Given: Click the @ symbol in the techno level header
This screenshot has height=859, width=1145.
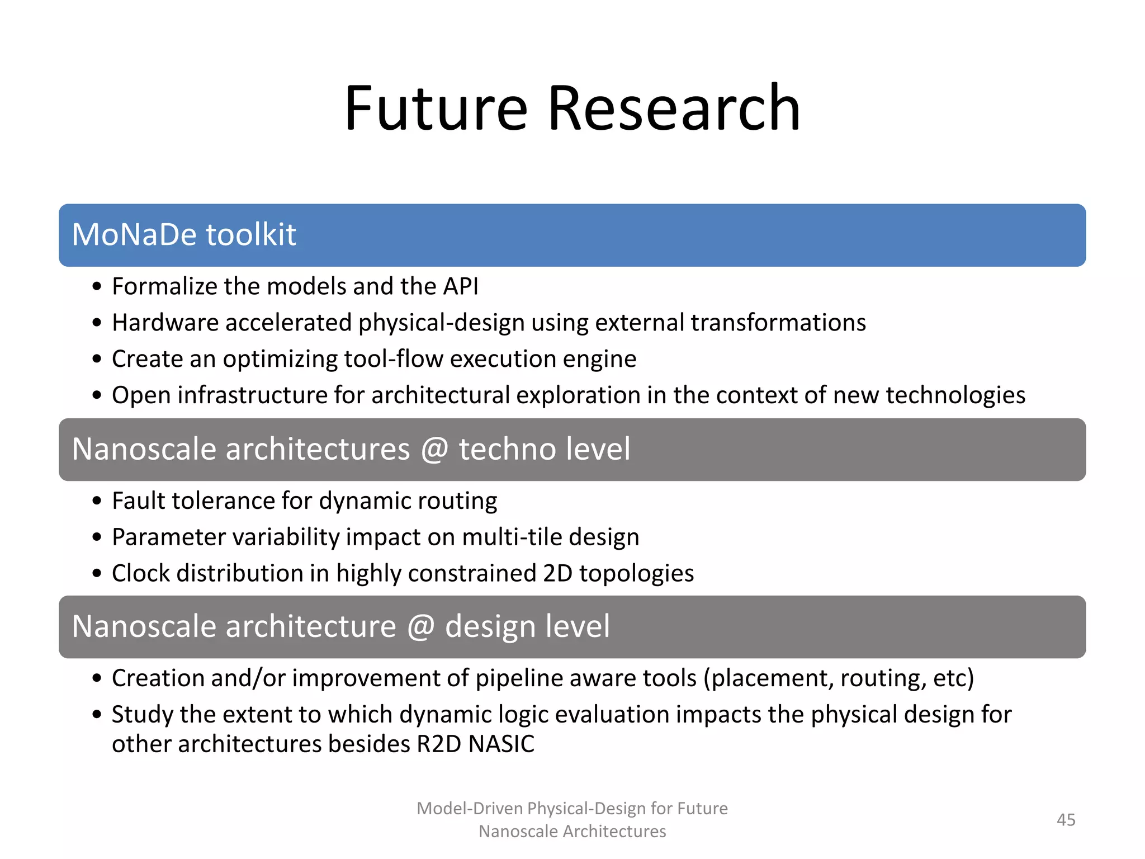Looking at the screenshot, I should [434, 449].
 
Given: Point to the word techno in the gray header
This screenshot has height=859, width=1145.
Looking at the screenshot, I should [506, 449].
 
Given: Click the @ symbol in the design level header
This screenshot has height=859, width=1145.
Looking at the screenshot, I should [420, 626].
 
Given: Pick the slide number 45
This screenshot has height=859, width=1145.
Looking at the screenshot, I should [1066, 820].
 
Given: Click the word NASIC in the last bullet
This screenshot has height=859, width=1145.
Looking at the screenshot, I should [501, 744].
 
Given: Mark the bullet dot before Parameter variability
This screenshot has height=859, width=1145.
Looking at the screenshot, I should [97, 537].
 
